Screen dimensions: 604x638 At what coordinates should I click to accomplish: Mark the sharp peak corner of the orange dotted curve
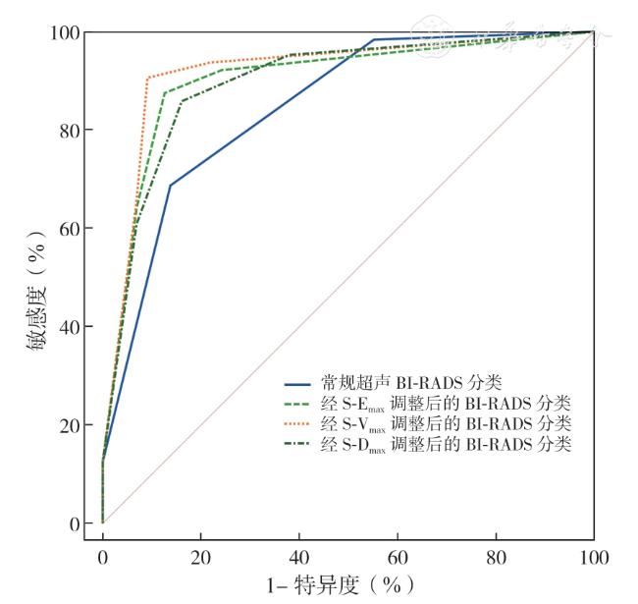(147, 77)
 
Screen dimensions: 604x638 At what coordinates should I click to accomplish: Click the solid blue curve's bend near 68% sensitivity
(170, 186)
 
